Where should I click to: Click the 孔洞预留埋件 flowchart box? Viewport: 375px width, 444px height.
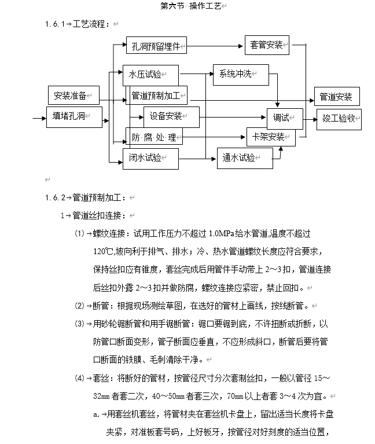click(157, 45)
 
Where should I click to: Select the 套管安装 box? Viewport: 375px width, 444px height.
click(267, 45)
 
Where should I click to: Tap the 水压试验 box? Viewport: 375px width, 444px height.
click(150, 75)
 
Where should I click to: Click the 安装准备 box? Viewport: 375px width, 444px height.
click(73, 96)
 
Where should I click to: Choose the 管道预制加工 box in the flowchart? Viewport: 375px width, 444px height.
click(157, 95)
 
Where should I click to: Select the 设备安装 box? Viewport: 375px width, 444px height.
click(171, 116)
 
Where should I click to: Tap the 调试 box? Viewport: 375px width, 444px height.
click(284, 118)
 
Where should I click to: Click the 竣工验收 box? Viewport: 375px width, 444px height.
click(339, 118)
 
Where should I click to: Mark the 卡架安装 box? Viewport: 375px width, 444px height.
click(271, 137)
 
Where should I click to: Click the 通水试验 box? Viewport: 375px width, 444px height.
click(244, 157)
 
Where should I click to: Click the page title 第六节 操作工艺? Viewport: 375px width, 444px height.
click(191, 6)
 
